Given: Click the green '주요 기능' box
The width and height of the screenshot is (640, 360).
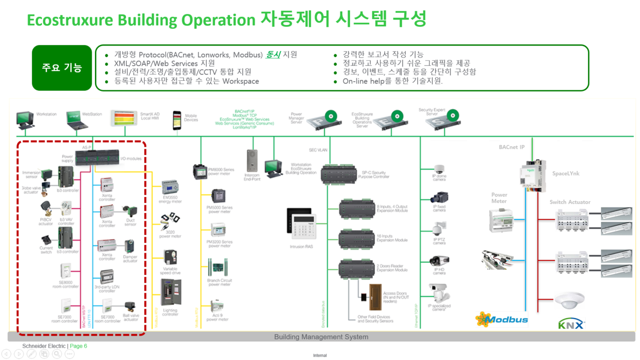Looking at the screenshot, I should coord(62,68).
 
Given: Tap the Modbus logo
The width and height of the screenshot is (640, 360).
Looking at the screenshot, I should coord(502,319).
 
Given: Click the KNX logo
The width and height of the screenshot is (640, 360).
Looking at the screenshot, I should coord(571,324).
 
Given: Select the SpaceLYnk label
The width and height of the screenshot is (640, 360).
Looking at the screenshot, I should coord(566,174).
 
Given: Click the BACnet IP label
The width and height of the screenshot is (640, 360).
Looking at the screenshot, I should coord(511,147).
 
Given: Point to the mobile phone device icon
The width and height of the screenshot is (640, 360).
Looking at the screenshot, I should coord(177,120).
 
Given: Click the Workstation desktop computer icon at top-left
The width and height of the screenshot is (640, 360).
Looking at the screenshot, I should coord(25,120).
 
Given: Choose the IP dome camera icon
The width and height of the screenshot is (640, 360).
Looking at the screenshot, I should coord(439,169).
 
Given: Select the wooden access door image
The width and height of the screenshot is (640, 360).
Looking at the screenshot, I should coord(375,297).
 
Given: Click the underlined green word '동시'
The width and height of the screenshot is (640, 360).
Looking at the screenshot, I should coord(273,55).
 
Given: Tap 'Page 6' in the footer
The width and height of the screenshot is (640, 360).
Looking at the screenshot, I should coord(78,346).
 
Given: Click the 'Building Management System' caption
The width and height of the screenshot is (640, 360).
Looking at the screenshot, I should coord(321,337).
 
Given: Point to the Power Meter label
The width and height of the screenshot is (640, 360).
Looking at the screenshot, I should coord(499,198).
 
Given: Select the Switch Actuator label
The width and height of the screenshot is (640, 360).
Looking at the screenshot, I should coord(570,202).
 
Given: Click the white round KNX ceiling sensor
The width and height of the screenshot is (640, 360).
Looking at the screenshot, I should coord(569,300).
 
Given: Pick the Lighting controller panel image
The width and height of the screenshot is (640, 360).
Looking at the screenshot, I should coord(171,293).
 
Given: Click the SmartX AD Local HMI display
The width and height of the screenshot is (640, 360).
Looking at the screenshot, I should coord(124,118).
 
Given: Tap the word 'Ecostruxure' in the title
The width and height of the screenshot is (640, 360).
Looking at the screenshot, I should coord(70,20).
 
